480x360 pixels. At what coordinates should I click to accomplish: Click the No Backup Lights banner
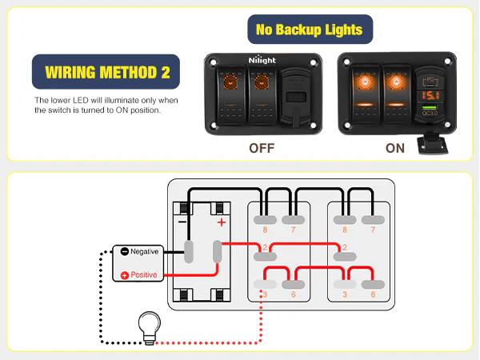click(308, 30)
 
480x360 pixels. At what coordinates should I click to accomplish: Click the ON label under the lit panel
click(395, 148)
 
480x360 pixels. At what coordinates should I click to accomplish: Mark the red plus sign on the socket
click(222, 222)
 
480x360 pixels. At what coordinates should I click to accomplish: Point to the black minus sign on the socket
click(182, 222)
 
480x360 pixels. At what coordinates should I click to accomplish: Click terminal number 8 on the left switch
click(265, 230)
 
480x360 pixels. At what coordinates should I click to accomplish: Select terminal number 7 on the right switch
click(374, 230)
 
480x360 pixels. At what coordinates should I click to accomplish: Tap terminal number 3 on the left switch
click(265, 295)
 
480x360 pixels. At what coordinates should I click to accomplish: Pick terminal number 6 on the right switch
click(374, 295)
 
